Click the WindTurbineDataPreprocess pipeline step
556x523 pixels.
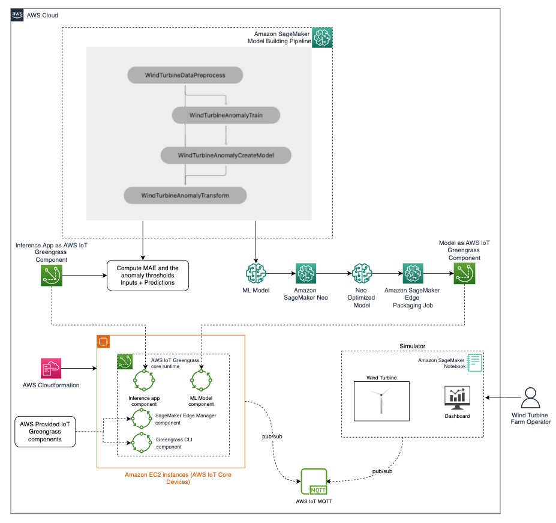click(x=185, y=75)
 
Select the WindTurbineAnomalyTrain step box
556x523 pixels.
click(x=226, y=115)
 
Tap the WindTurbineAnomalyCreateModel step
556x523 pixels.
click(x=226, y=156)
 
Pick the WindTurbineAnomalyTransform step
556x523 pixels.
click(x=185, y=195)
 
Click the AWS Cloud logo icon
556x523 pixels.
click(x=18, y=15)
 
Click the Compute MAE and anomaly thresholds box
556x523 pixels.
click(x=147, y=274)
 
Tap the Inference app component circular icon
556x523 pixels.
click(x=143, y=381)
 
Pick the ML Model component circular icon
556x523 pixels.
click(x=201, y=381)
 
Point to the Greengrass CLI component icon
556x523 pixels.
click(x=143, y=443)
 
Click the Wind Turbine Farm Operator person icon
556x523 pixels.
click(x=530, y=398)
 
